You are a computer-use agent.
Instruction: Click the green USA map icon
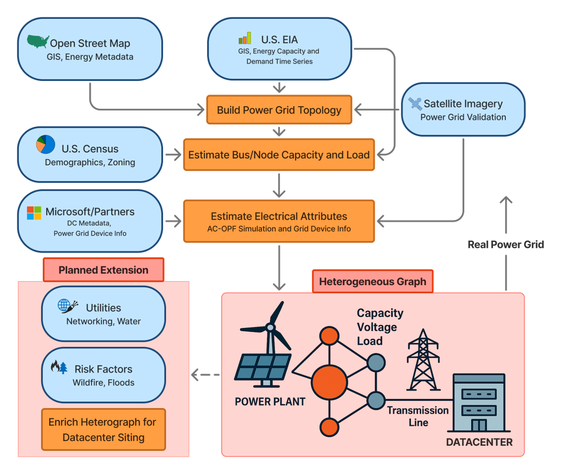[38, 42]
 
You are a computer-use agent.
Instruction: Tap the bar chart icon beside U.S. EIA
[244, 38]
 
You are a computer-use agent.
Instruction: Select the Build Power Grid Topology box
[279, 110]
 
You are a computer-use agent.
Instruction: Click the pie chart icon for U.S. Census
[46, 144]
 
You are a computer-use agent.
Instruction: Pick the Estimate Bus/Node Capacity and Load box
[279, 155]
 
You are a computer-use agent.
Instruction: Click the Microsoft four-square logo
[34, 213]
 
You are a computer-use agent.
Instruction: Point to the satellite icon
[414, 103]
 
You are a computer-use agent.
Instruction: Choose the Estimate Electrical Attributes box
[279, 221]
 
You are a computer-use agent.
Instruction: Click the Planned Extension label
[103, 270]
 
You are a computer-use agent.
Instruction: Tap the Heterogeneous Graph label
[372, 282]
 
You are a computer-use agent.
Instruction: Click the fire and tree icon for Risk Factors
[59, 367]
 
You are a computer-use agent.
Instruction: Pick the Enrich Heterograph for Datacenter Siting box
[103, 429]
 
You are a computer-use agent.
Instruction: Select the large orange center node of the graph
[329, 382]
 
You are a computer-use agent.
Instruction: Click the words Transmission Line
[418, 416]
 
